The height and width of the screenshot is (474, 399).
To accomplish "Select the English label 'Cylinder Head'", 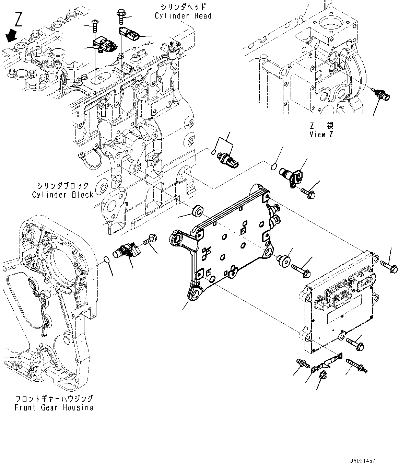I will [183, 16].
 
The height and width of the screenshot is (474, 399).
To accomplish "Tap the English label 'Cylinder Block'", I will [63, 195].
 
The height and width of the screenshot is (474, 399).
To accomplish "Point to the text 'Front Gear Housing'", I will [54, 407].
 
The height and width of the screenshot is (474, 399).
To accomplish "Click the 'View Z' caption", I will [321, 135].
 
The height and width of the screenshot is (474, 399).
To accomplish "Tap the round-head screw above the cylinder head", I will [94, 24].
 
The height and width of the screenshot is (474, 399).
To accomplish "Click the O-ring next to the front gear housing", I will [107, 259].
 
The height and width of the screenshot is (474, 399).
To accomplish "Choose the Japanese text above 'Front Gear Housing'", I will [54, 398].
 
